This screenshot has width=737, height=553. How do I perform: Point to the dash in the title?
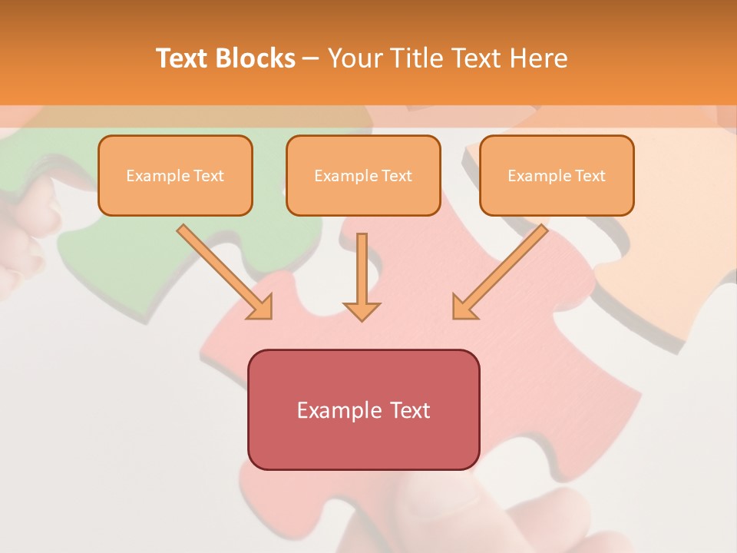tap(311, 59)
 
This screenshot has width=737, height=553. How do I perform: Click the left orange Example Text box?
tap(175, 175)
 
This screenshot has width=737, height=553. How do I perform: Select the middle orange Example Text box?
tap(363, 175)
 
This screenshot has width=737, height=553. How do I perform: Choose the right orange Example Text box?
tap(557, 175)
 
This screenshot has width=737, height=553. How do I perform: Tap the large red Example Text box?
tap(363, 409)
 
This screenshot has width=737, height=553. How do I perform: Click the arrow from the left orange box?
tap(223, 270)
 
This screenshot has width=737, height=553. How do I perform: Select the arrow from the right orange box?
tap(502, 270)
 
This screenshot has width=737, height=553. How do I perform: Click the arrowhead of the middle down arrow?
tap(362, 311)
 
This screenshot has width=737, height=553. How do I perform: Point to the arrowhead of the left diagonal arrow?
tap(261, 308)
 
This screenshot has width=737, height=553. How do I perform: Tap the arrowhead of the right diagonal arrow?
tap(463, 308)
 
